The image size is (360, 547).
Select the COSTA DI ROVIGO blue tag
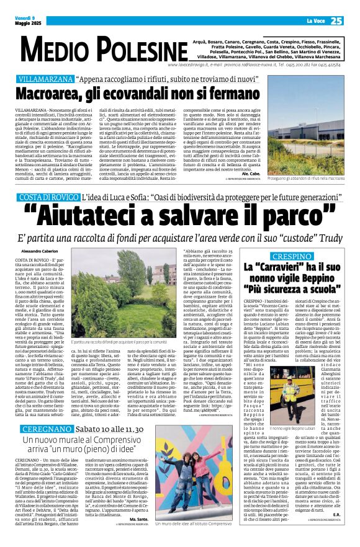pos(48,196)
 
